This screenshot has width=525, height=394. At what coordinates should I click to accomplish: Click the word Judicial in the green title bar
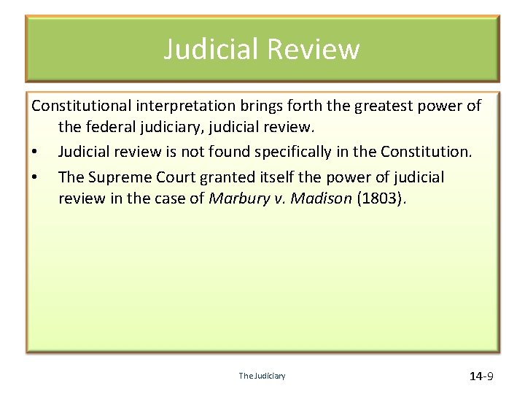click(x=211, y=49)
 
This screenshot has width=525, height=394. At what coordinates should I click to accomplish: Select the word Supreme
click(x=119, y=177)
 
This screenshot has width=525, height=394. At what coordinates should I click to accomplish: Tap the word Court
click(x=171, y=177)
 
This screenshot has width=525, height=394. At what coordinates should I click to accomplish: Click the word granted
click(x=222, y=177)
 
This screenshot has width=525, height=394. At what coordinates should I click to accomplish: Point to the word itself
click(x=271, y=177)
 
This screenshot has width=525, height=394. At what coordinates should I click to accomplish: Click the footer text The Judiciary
click(x=262, y=376)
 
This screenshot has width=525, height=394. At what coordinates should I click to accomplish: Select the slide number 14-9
click(x=481, y=376)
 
